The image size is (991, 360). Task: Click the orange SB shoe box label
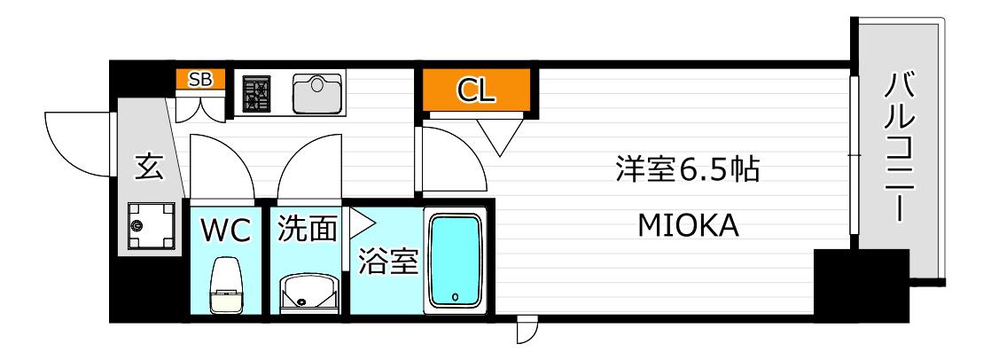pyautogui.click(x=200, y=79)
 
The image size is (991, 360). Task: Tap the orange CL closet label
pyautogui.click(x=476, y=90)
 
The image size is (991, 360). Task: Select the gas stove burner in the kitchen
pyautogui.click(x=256, y=94)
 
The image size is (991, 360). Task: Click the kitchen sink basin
pyautogui.click(x=316, y=94)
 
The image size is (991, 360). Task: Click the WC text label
pyautogui.click(x=226, y=231)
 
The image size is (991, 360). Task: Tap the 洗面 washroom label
pyautogui.click(x=308, y=230)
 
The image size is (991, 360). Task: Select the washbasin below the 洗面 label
pyautogui.click(x=308, y=293)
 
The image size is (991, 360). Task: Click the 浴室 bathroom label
pyautogui.click(x=389, y=262)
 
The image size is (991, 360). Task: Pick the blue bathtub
pyautogui.click(x=455, y=260)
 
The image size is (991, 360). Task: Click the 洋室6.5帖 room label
pyautogui.click(x=688, y=169)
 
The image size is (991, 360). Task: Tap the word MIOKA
pyautogui.click(x=688, y=226)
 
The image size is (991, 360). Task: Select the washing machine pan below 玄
pyautogui.click(x=151, y=225)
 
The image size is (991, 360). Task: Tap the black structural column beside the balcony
pyautogui.click(x=861, y=285)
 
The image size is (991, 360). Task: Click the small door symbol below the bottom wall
pyautogui.click(x=526, y=330)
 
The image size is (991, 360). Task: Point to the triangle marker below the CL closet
pyautogui.click(x=500, y=135)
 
